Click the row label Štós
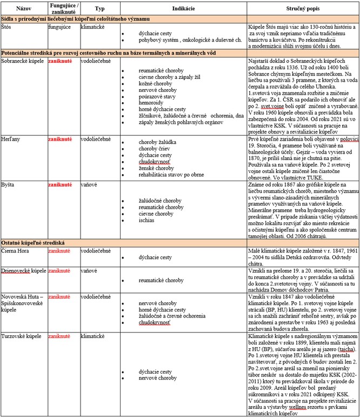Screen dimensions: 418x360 (7, 25)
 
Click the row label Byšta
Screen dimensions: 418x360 (10, 184)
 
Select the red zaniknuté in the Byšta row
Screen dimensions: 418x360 (61, 184)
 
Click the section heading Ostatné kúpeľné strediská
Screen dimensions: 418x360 (41, 242)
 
